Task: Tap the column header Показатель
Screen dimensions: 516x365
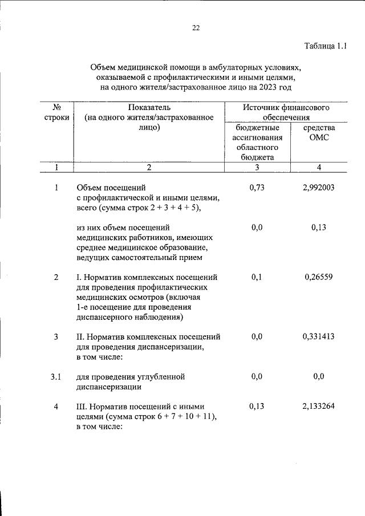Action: coord(149,107)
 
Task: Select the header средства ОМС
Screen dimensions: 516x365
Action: coord(319,133)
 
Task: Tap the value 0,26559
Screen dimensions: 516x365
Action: coord(319,277)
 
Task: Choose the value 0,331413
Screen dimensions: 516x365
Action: coord(319,336)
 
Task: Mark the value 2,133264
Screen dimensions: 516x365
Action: coord(319,406)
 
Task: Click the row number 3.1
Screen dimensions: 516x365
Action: coord(56,376)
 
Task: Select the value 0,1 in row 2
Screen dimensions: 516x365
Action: coord(257,277)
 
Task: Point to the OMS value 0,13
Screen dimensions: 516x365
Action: coord(319,227)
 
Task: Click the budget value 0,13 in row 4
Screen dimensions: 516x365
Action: coord(257,406)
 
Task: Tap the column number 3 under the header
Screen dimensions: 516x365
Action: coord(257,167)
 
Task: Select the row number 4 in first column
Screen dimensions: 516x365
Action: coord(56,406)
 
